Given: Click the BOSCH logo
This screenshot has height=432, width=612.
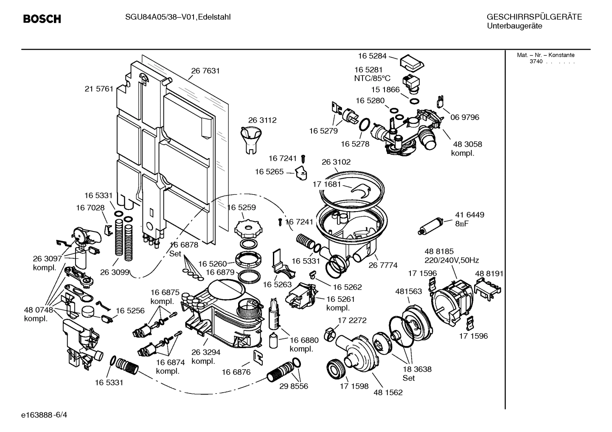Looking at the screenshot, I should point(42,19).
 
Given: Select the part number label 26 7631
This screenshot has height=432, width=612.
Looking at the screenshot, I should point(205,71).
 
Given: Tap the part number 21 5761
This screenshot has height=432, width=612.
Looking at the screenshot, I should point(99,89).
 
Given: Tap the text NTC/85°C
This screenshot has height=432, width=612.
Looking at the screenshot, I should point(372,78).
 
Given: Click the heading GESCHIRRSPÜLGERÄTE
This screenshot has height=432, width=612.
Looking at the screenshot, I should point(534,17).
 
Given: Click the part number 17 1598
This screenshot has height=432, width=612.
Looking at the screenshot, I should point(354,386).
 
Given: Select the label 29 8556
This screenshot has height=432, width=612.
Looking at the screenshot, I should point(294,386).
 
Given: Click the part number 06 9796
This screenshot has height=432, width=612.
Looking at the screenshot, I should point(465,117).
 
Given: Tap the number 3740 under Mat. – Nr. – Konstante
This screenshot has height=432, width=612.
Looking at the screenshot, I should point(536,61).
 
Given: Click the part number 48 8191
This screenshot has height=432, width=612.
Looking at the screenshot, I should point(489,273).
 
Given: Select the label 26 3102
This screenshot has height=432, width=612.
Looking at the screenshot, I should point(336,162).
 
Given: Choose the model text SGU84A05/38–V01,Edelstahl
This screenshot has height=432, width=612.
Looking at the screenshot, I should point(178,17).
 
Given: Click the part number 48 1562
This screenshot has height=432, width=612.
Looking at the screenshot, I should point(388,392).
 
